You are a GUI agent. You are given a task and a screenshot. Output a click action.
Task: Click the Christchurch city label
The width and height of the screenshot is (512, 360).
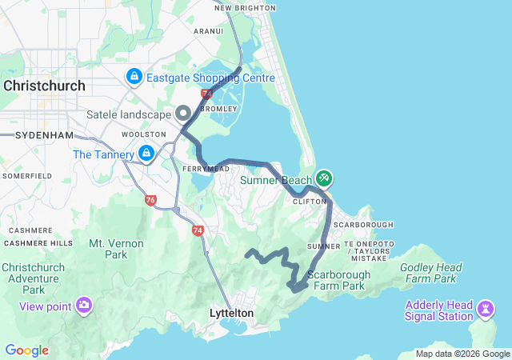pyautogui.click(x=41, y=86)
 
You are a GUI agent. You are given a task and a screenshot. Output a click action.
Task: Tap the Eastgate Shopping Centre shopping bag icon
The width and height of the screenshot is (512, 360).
pyautogui.click(x=134, y=78)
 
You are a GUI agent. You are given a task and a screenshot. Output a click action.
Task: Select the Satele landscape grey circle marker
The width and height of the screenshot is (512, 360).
pyautogui.click(x=183, y=113)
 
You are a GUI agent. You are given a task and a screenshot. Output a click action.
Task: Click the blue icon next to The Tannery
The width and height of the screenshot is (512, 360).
pyautogui.click(x=146, y=153)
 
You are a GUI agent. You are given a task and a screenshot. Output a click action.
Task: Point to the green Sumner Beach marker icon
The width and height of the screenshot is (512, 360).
pyautogui.click(x=325, y=177)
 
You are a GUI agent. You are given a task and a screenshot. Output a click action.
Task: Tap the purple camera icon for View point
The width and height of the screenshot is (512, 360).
pyautogui.click(x=84, y=305)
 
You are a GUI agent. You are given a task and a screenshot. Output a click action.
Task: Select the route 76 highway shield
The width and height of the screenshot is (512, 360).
pyautogui.click(x=150, y=201)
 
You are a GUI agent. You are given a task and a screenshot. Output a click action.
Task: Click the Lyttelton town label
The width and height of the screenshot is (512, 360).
pyautogui.click(x=230, y=314)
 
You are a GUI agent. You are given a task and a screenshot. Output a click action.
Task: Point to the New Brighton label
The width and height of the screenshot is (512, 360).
pyautogui.click(x=245, y=8)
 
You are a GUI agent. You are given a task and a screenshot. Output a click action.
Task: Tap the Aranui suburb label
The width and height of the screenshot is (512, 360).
pyautogui.click(x=208, y=31)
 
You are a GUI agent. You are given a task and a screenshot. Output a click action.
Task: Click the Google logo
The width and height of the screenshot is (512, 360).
pyautogui.click(x=26, y=350)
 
